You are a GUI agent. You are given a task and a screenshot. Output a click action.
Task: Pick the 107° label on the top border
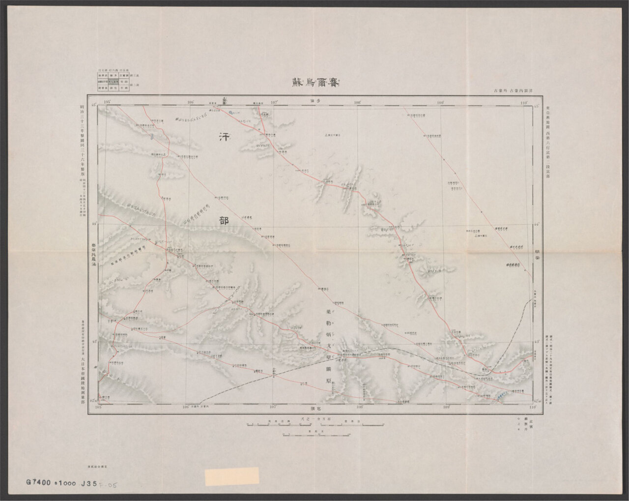[273, 102]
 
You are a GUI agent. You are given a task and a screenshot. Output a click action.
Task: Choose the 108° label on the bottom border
[359, 407]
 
